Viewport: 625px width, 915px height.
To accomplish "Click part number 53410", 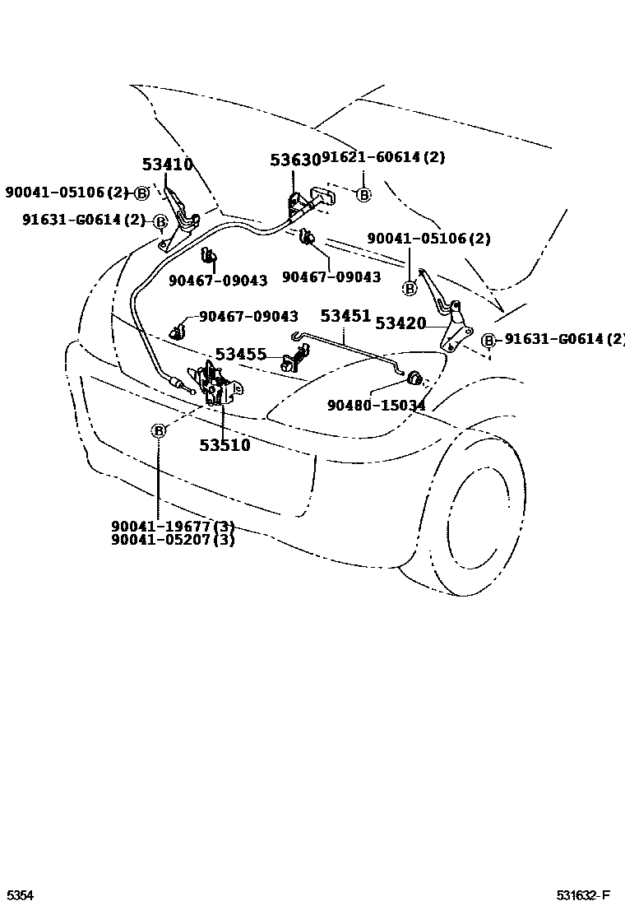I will tap(167, 165).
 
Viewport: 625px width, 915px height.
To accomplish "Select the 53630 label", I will tap(294, 160).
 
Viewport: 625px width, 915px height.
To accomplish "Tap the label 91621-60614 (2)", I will tap(382, 157).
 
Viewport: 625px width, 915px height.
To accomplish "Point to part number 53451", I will tap(345, 316).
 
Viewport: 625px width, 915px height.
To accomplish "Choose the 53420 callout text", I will tap(400, 323).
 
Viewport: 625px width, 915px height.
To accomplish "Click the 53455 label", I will tap(241, 355).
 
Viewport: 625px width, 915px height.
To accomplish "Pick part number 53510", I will tap(225, 445).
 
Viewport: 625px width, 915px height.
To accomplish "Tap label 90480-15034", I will tap(376, 405).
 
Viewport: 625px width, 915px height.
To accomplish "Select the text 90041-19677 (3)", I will tap(174, 527).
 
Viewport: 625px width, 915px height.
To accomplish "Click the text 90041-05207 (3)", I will tap(174, 540).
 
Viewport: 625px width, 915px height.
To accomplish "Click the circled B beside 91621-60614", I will tap(363, 195).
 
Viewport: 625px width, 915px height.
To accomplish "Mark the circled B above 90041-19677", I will tap(159, 430).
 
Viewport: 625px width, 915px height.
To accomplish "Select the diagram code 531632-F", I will tap(582, 895).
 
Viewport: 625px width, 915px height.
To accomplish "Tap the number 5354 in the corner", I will tap(20, 895).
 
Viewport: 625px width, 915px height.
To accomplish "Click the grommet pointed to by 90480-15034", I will tap(415, 378).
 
